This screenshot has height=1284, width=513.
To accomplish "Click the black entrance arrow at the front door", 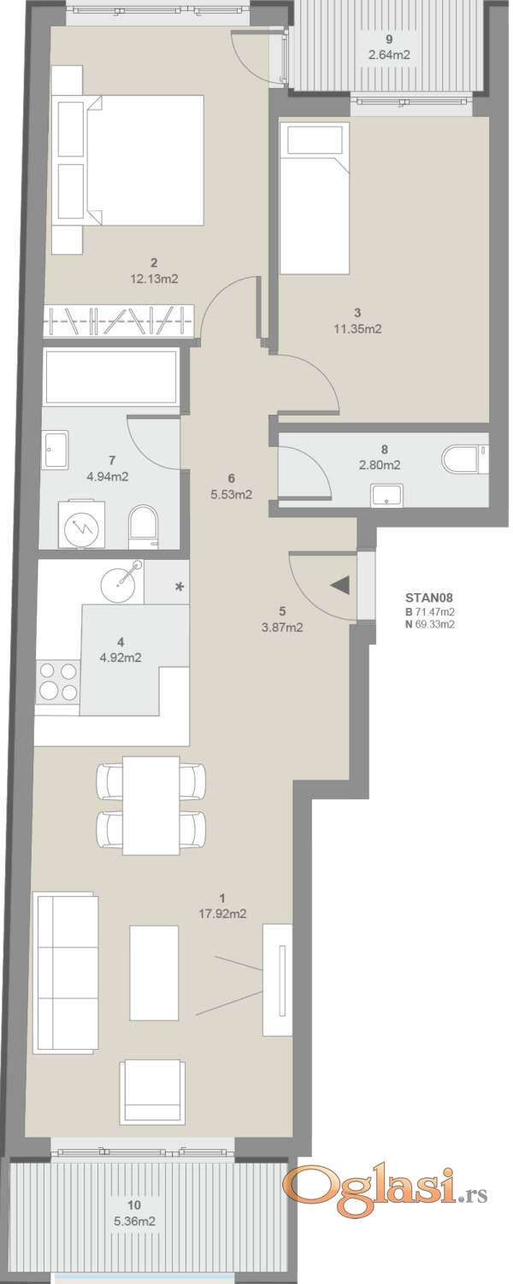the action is click(340, 586).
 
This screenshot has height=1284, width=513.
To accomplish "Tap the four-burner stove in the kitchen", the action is click(57, 681).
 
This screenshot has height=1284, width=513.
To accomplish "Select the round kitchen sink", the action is click(121, 582).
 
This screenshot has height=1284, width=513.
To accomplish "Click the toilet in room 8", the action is click(463, 461).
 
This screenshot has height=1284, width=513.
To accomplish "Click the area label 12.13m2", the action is click(154, 280).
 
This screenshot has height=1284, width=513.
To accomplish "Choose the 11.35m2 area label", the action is click(357, 329).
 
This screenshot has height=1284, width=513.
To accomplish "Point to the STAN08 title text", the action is click(429, 598).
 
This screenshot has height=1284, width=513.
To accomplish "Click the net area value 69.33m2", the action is click(434, 624).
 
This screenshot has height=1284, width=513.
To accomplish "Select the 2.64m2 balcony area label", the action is click(390, 55).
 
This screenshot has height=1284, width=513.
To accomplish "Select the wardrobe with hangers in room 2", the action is click(119, 321).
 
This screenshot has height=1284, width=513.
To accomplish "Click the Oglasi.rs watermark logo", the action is click(387, 1183).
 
